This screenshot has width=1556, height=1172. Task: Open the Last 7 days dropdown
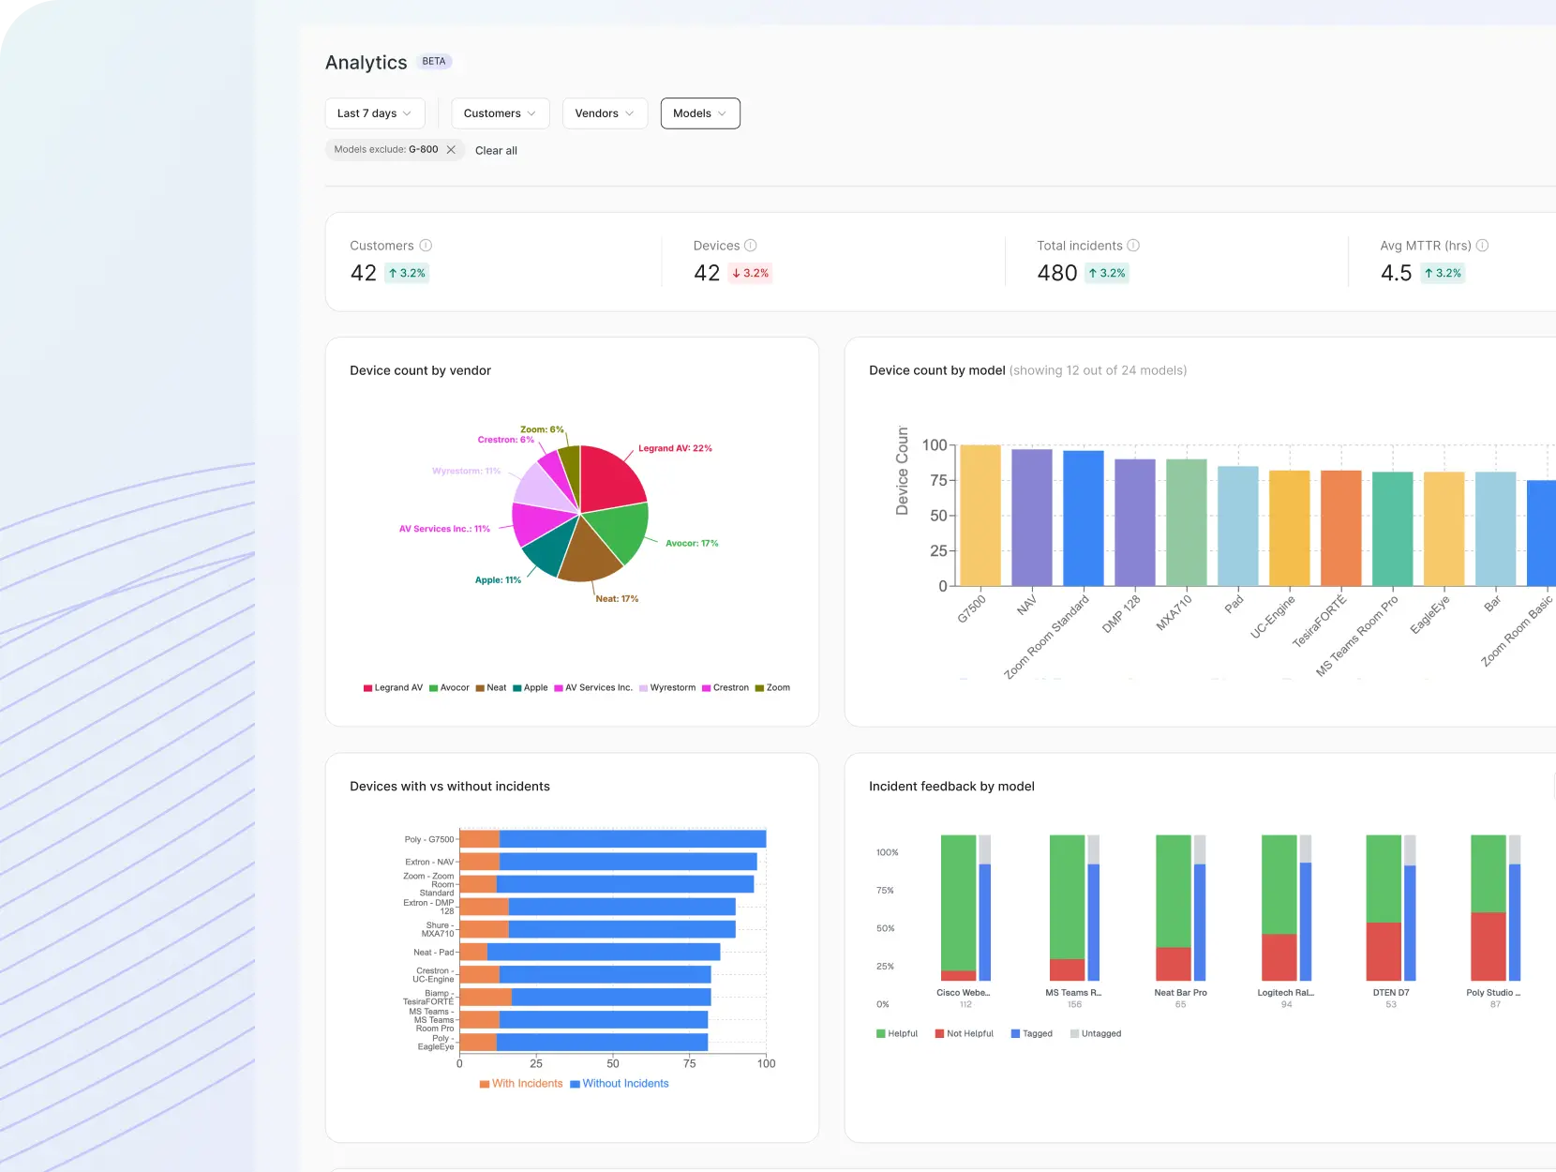pos(374,113)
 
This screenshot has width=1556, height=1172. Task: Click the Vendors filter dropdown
pos(604,113)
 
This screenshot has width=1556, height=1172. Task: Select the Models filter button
pos(699,113)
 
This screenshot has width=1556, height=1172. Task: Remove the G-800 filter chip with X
pos(451,150)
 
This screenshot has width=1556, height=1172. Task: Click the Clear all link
pos(496,150)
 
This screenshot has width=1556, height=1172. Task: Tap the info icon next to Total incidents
pos(1133,246)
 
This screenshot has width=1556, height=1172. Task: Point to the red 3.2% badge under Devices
pos(750,273)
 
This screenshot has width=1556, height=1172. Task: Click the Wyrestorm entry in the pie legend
pos(667,688)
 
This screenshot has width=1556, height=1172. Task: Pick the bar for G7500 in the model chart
pos(980,516)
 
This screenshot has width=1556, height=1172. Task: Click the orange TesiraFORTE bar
pos(1340,528)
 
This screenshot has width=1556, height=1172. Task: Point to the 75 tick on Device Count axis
pos(938,481)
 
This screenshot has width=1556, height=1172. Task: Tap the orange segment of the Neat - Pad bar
pos(473,953)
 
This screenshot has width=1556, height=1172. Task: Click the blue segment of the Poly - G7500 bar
pos(633,839)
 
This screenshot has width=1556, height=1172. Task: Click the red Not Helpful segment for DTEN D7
pos(1383,952)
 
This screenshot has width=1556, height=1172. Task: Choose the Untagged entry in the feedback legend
pos(1095,1034)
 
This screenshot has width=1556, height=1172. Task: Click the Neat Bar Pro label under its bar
pos(1180,993)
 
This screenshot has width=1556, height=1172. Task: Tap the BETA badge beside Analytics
pos(434,62)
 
